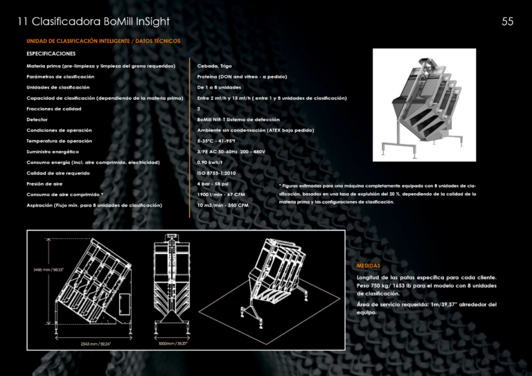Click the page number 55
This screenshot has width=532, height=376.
[x=507, y=21]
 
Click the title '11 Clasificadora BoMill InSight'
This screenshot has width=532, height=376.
[x=90, y=21]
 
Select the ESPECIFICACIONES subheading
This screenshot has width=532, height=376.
[x=51, y=53]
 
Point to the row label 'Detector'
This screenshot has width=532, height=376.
[x=37, y=119]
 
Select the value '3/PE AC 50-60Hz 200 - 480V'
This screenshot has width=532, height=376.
[x=231, y=152]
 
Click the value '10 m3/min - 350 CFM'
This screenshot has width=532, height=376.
[x=222, y=205]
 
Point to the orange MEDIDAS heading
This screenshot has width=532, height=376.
[x=368, y=265]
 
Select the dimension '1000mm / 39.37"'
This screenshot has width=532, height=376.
[x=173, y=342]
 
